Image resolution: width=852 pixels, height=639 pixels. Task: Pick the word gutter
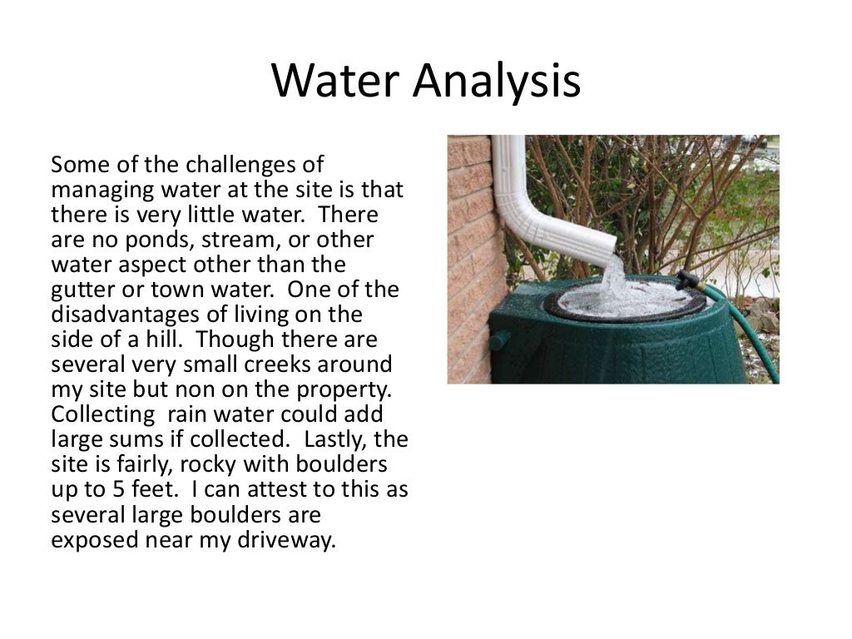tap(81, 290)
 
